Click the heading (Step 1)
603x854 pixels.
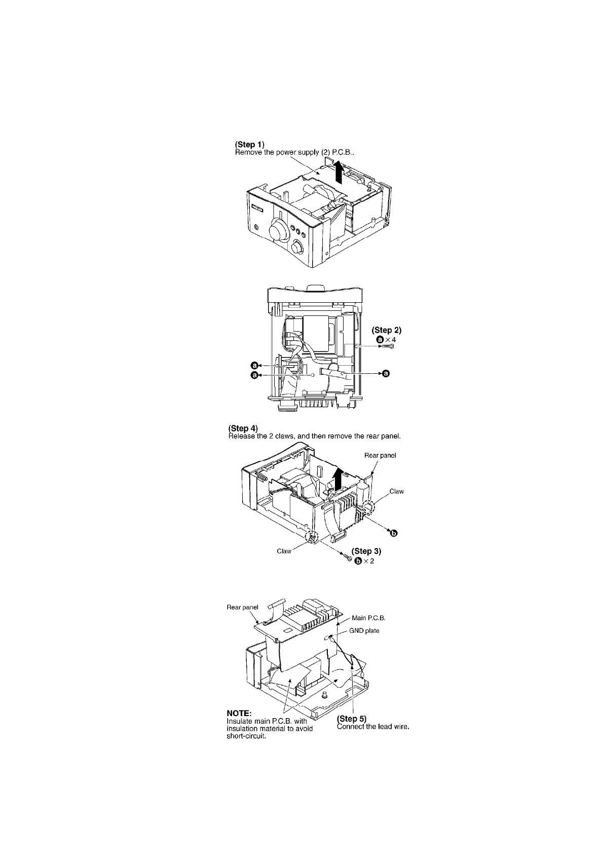coord(250,145)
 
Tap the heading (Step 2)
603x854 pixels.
coord(387,330)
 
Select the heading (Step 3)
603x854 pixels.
coord(366,551)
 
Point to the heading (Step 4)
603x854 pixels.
coord(243,429)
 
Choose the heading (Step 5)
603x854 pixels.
coord(352,719)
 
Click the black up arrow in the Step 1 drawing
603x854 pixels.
coord(339,172)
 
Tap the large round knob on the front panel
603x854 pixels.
coord(276,231)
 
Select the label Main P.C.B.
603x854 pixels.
coord(368,618)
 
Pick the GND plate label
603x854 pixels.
coord(364,631)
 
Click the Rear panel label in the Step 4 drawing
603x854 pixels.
coord(380,455)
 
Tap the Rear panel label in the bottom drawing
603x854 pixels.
coord(242,607)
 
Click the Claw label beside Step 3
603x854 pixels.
coord(284,551)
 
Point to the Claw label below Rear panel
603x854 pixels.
coord(396,491)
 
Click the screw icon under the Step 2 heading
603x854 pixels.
coord(386,347)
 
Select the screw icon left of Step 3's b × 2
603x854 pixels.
coord(348,558)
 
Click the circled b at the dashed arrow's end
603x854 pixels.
coord(393,532)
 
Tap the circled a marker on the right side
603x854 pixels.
coord(386,374)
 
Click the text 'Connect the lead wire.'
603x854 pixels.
coord(373,727)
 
